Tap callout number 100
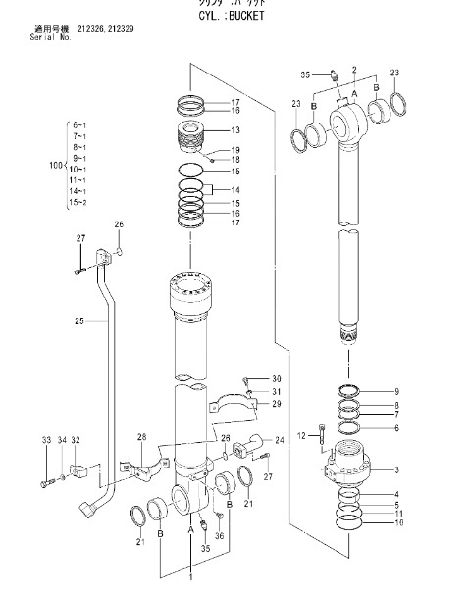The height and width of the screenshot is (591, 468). (55, 165)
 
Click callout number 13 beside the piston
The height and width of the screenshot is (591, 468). (235, 130)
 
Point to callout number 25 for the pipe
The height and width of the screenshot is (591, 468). (78, 320)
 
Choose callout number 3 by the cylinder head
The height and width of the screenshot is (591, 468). (396, 470)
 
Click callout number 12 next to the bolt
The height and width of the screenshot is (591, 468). (299, 434)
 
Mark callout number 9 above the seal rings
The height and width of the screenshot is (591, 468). (395, 391)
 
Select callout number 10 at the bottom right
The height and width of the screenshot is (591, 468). (396, 522)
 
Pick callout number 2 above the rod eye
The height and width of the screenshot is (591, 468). (352, 70)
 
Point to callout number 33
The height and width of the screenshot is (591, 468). (44, 440)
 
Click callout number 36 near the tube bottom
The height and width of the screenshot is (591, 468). (220, 535)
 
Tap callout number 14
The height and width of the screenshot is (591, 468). (235, 189)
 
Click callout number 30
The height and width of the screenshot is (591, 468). (276, 378)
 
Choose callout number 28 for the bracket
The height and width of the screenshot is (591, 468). (142, 436)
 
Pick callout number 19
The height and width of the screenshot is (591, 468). (235, 149)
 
